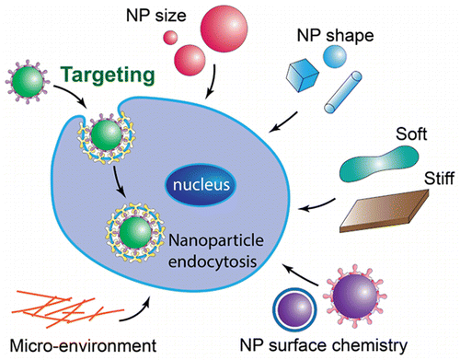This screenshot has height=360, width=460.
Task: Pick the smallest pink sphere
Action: coord(170,38)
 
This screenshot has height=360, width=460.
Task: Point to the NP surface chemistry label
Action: coord(345,346)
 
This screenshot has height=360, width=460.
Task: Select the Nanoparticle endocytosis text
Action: coord(209,251)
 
